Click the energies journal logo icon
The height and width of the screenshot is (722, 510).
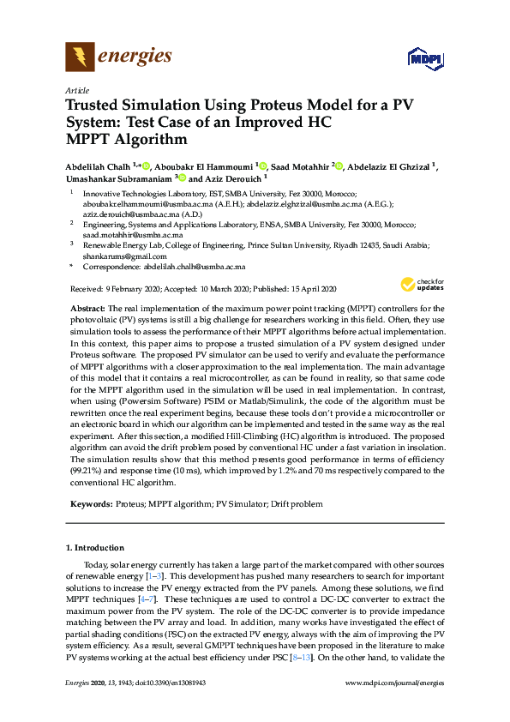[x=81, y=57]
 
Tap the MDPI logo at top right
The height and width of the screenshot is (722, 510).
[x=423, y=57]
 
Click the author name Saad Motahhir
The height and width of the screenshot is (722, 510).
[x=301, y=165]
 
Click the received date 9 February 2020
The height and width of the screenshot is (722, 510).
[x=131, y=288]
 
